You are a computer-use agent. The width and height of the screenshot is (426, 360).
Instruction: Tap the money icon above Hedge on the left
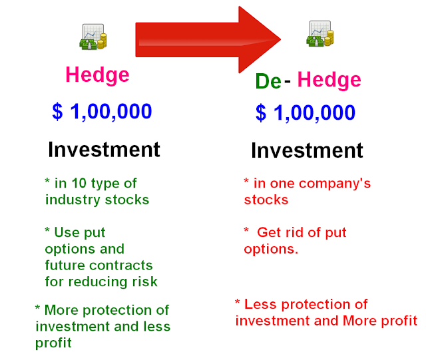[x=93, y=37]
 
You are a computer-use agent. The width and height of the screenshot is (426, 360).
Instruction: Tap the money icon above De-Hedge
[x=319, y=33]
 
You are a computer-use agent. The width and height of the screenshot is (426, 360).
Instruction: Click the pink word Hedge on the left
[x=97, y=75]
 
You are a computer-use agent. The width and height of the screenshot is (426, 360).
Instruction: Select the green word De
[x=268, y=81]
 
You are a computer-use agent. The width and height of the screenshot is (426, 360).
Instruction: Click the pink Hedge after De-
[x=329, y=81]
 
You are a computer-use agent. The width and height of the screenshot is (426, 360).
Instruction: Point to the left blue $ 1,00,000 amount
[x=102, y=111]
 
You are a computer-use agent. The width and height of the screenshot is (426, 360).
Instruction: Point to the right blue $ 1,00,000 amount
[x=306, y=113]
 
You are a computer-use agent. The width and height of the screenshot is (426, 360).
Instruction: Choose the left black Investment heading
[x=104, y=149]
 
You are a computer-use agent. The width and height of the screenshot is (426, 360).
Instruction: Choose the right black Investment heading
[x=307, y=150]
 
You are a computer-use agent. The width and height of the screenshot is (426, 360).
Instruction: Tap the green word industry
[x=70, y=200]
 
